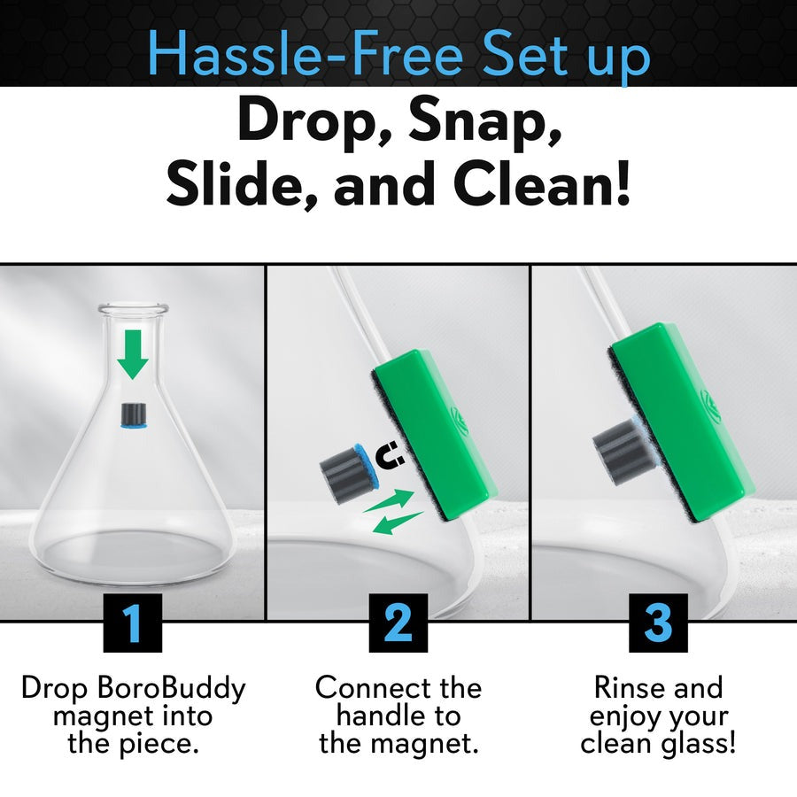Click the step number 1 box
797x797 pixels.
[132, 622]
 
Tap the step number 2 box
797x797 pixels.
[398, 622]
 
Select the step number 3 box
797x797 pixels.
[658, 622]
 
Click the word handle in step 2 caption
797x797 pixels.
[398, 716]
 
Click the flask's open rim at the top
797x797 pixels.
[133, 309]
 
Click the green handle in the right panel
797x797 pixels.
[682, 407]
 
